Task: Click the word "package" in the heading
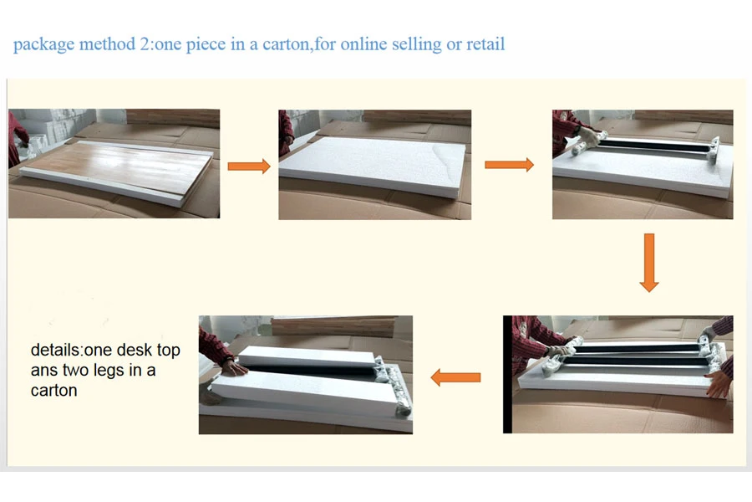click(x=43, y=44)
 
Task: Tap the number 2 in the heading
click(x=145, y=44)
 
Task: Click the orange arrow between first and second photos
click(x=249, y=166)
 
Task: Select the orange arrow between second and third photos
click(x=510, y=165)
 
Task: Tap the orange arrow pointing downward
click(x=649, y=263)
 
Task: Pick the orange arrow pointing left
click(x=455, y=377)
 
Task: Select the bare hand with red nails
click(x=719, y=383)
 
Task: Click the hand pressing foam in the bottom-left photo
click(x=234, y=367)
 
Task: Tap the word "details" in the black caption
click(x=55, y=350)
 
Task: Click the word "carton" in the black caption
click(x=53, y=391)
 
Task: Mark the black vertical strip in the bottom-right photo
click(x=507, y=374)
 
